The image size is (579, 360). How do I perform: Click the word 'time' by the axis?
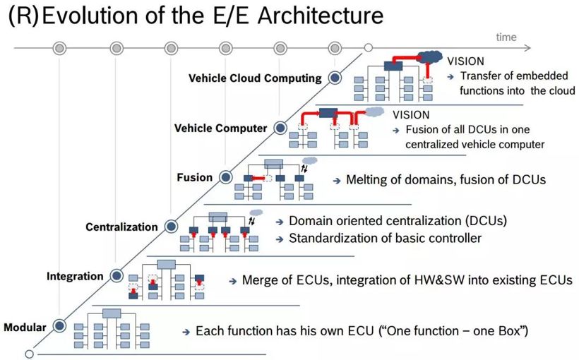point(506,37)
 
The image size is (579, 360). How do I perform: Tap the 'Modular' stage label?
point(25,328)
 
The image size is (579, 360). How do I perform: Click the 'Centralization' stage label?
point(122,227)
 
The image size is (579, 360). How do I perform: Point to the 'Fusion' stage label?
point(194,177)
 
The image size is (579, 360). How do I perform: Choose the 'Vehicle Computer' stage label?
point(220,128)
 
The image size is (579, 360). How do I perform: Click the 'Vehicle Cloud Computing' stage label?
point(255,78)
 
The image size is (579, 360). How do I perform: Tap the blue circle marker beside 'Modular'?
point(60,326)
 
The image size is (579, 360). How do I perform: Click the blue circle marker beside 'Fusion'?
point(226,177)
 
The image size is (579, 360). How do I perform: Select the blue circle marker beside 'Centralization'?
point(171,227)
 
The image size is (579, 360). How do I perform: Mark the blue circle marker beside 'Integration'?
point(116,276)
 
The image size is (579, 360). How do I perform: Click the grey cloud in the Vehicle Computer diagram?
point(374,112)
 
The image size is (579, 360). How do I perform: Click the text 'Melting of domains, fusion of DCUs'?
point(446,180)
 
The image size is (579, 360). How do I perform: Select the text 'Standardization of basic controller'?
point(385,238)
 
